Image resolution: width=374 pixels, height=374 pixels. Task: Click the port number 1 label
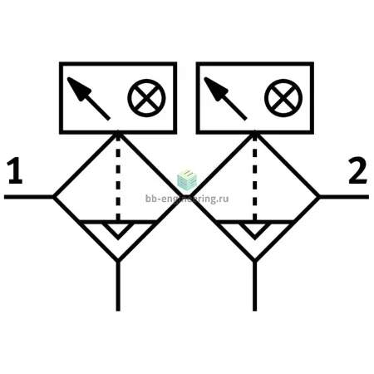16,170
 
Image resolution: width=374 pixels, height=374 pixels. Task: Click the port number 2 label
357,170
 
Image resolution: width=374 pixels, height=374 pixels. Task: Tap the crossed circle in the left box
146,98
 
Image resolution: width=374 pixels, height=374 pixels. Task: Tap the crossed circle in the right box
283,98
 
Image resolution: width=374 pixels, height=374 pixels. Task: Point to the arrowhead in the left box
79,89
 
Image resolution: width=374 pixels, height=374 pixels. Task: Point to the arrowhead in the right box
216,89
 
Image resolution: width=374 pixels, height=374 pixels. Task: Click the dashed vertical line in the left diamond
118,177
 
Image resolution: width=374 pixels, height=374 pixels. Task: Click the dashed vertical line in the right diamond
255,177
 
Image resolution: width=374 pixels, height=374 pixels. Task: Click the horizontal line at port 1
29,197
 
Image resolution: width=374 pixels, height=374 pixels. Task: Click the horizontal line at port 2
344,197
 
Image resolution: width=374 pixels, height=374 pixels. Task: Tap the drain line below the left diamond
118,286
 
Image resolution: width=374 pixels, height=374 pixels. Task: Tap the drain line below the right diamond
255,286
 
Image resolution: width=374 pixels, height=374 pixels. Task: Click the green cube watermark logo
187,180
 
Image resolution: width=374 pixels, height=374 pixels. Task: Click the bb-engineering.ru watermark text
187,199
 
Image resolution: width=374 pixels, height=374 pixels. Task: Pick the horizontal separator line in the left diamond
118,222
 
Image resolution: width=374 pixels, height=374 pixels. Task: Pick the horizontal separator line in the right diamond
255,222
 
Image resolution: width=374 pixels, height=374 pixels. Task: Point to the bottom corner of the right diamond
255,260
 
